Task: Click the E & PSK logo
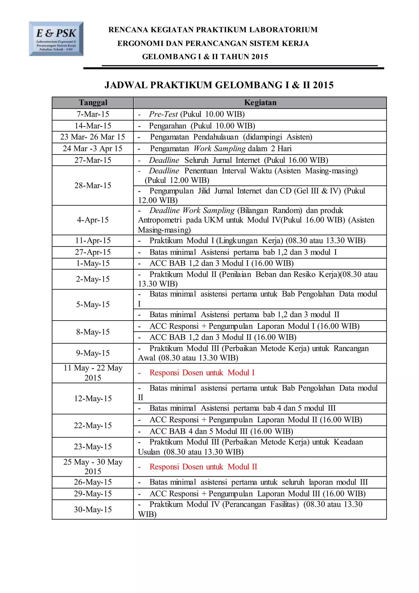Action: pos(56,39)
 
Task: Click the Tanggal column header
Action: pos(93,103)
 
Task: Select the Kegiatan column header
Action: pos(260,103)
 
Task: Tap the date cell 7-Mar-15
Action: pos(93,114)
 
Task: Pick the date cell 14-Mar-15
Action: pos(93,126)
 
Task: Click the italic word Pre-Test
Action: pos(163,114)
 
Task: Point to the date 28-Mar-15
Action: pos(93,186)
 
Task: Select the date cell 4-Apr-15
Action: pos(93,220)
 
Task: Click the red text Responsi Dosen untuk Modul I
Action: pos(202,373)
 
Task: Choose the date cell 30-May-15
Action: pos(93,509)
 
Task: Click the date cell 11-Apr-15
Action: pos(93,240)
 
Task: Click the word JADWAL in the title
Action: pos(126,85)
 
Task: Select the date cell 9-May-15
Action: pos(93,353)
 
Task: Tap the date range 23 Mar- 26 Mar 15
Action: pos(93,137)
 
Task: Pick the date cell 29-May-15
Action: pos(93,493)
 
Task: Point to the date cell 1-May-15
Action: pos(93,264)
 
